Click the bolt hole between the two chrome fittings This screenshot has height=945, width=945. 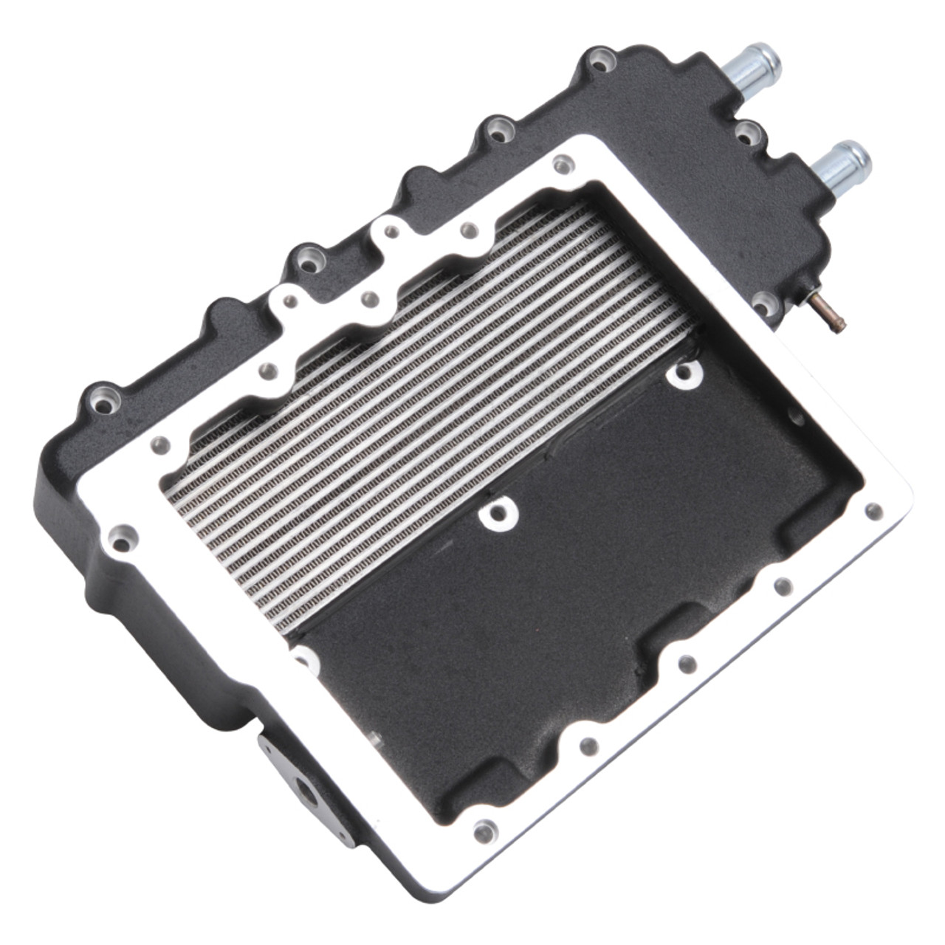tap(749, 133)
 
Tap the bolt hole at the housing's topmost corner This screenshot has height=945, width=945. tap(602, 58)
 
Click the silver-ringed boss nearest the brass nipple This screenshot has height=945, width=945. tap(684, 374)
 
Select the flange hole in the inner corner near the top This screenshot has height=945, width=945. tap(564, 164)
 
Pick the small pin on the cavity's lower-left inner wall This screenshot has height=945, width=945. tap(374, 738)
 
